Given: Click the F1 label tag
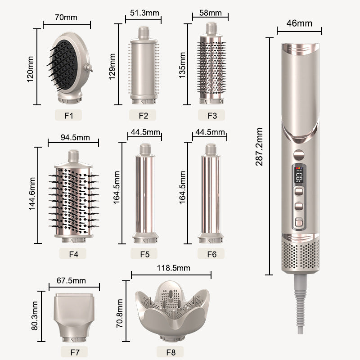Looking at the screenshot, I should point(68,115).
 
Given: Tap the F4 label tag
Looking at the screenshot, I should point(74,254).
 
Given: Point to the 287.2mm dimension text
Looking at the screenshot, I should point(260,147).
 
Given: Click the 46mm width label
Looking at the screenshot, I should point(299,23).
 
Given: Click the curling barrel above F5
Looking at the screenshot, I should point(144,193).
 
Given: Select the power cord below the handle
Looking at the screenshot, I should point(301,306).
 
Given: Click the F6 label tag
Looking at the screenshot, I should point(212,254).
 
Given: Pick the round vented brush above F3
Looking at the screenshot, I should point(211,67).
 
